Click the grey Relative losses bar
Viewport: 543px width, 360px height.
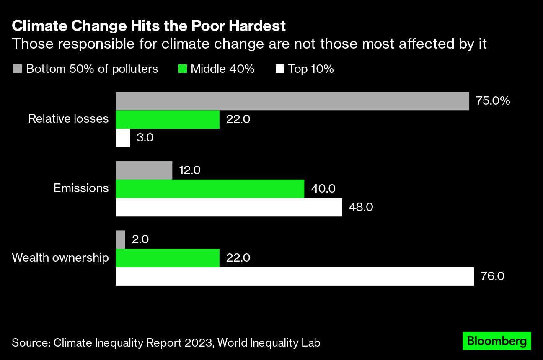(292, 101)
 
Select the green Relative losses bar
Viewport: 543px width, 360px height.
(168, 119)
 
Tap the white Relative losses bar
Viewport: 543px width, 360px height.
(123, 138)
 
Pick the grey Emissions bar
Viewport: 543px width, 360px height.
(144, 170)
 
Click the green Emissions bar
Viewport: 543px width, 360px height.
(210, 188)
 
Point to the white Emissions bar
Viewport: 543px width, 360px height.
(229, 207)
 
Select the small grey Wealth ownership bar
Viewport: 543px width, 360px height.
(120, 239)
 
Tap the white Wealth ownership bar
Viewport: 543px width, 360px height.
(295, 277)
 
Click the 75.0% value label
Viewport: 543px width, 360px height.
(493, 101)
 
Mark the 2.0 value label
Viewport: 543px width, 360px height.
(140, 239)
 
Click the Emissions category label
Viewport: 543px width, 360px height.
(81, 188)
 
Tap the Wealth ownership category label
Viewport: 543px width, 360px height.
(60, 257)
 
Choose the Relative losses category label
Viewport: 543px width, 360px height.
(68, 119)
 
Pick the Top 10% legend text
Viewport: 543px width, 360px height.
(310, 69)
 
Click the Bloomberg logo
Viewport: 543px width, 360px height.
(496, 341)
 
